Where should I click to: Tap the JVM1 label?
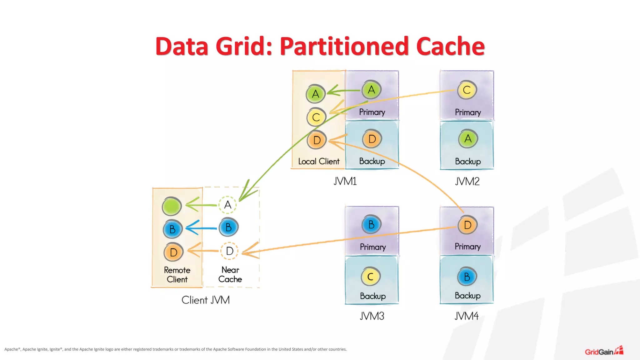(x=345, y=181)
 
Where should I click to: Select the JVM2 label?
(x=467, y=181)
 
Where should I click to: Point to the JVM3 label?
(x=372, y=316)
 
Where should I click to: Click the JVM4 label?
(x=466, y=316)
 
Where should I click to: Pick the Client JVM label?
(x=206, y=300)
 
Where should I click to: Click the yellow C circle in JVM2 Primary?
(x=467, y=90)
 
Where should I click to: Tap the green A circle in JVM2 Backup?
(x=468, y=139)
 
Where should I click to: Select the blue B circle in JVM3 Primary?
(x=371, y=224)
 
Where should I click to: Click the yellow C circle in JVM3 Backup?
(x=371, y=277)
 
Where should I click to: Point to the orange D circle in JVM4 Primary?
(x=467, y=225)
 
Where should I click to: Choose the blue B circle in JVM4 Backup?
(x=467, y=277)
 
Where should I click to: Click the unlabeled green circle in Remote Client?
(x=172, y=206)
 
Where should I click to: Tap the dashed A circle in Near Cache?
(x=228, y=205)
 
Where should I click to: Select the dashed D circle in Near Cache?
(x=230, y=251)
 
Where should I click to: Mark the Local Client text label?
(x=319, y=161)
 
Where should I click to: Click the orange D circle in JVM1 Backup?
(x=372, y=139)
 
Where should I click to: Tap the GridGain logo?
(x=604, y=351)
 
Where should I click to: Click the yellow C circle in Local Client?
(x=316, y=117)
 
